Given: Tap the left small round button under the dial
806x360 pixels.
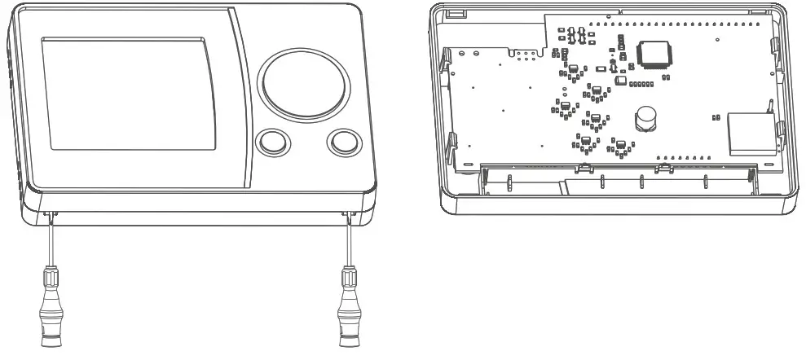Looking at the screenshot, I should click(x=272, y=143).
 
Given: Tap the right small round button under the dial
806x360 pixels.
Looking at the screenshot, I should click(x=343, y=143).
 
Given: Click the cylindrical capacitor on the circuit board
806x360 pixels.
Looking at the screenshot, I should click(x=646, y=119).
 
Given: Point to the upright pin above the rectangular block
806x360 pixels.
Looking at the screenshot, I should click(x=769, y=104).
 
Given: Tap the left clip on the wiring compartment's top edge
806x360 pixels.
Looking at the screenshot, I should click(x=584, y=168).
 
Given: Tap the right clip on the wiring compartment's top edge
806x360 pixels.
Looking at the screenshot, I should click(x=664, y=168).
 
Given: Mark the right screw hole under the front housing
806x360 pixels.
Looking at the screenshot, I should click(x=348, y=214).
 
